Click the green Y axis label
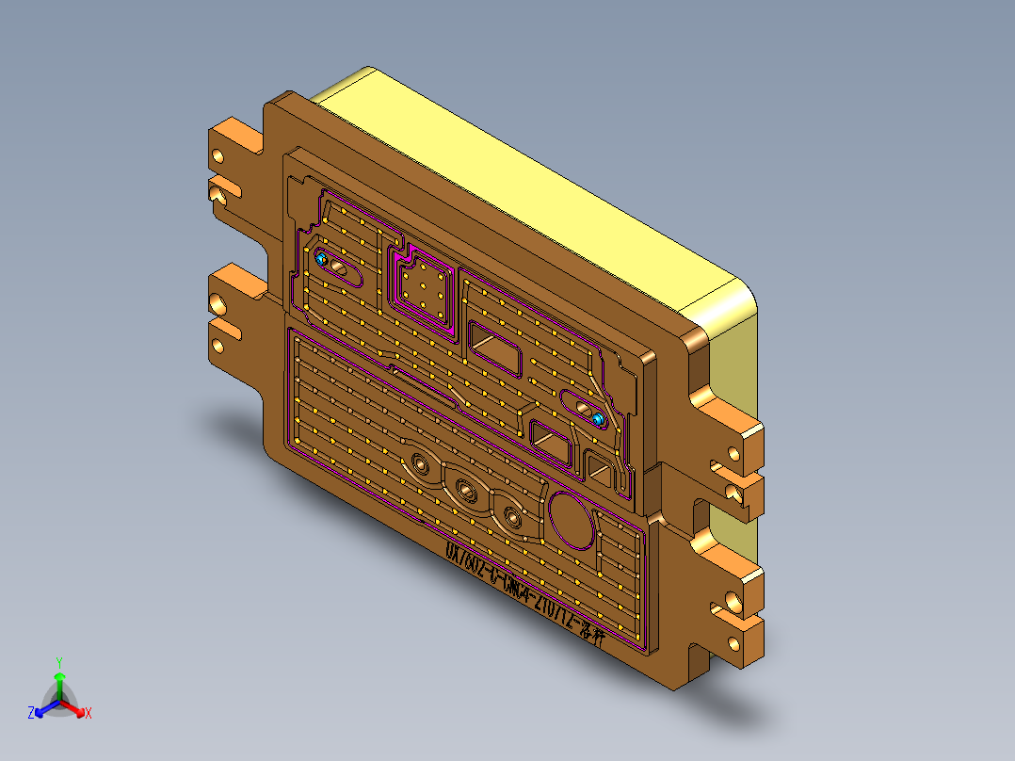click(x=58, y=662)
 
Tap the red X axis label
click(x=89, y=714)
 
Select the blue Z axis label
click(x=31, y=714)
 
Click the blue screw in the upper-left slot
click(x=321, y=258)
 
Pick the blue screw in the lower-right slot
click(x=598, y=417)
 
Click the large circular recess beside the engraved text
click(x=572, y=518)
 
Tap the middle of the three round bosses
click(x=465, y=489)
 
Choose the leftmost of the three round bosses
click(x=418, y=464)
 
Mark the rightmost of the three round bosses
click(x=511, y=515)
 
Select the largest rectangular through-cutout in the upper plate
click(x=495, y=348)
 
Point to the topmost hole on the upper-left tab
click(x=219, y=155)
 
